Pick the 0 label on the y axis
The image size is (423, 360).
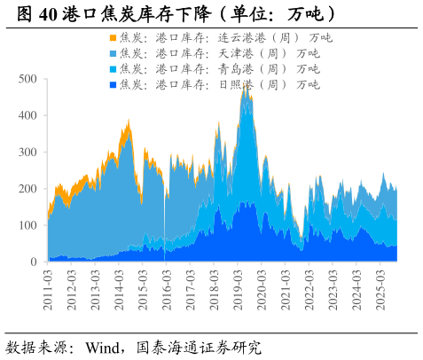34,262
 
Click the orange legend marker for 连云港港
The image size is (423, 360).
113,38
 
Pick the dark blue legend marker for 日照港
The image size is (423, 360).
113,84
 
